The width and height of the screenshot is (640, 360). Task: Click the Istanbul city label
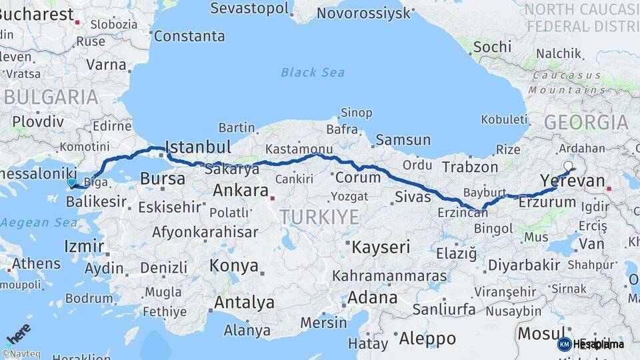coord(198,147)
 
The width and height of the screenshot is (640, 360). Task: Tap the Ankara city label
coord(240,191)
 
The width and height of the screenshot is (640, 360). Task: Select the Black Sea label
coord(313,72)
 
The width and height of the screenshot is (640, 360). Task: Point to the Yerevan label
coord(573,181)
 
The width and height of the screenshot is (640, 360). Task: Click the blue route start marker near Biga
coord(71,182)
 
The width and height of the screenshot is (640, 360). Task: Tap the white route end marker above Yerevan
coord(568,166)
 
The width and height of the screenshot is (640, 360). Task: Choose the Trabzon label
coord(470,167)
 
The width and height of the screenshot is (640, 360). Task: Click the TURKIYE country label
coord(319,217)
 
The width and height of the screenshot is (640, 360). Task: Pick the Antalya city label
coord(244,302)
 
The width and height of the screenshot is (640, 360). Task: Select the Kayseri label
coord(381,247)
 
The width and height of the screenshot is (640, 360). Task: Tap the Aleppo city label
coord(427,339)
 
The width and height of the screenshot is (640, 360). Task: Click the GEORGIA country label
coord(586,122)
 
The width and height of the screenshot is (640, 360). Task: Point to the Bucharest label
coord(37,14)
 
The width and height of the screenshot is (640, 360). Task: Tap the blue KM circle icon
coord(564,344)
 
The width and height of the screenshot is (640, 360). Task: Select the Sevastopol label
coord(250,9)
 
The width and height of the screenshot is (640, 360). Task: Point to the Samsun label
coord(403,140)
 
